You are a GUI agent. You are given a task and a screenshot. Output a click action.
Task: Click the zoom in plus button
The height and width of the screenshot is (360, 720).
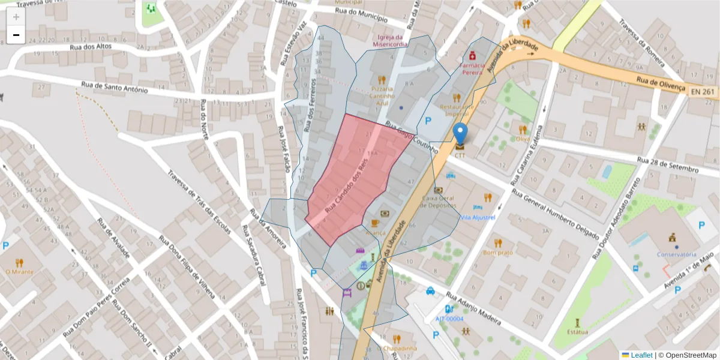(16, 17)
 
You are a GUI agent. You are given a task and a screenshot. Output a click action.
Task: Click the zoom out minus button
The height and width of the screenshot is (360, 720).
(16, 35)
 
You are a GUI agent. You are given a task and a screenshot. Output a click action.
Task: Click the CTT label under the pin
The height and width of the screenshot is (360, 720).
(460, 155)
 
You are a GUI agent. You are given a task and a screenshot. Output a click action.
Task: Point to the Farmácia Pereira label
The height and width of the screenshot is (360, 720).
(472, 68)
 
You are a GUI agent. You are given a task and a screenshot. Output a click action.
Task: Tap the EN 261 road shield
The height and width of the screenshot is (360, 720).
(703, 91)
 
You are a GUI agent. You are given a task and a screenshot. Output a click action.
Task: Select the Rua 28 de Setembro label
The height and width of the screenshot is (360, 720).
(668, 165)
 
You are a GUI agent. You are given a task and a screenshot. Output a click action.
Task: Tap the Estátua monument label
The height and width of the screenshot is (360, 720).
(577, 331)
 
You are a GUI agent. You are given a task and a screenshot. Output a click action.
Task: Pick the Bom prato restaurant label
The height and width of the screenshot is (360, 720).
(498, 253)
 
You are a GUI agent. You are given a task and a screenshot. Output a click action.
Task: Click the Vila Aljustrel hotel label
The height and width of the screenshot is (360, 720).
(478, 217)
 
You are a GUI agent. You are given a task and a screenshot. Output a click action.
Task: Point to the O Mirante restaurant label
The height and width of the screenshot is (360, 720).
(19, 272)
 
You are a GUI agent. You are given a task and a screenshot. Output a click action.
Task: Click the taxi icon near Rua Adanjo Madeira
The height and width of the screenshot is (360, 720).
(430, 292)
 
